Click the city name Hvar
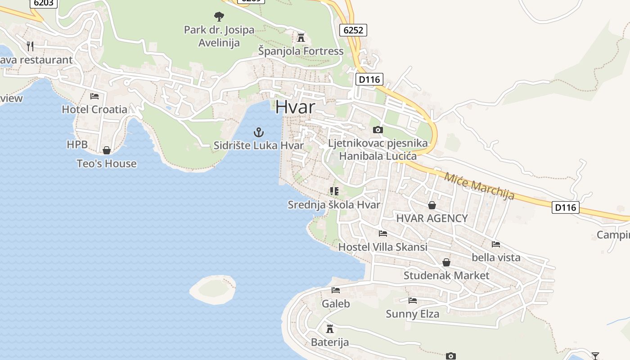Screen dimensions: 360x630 pyautogui.click(x=295, y=107)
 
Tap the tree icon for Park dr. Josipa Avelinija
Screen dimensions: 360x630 pyautogui.click(x=219, y=17)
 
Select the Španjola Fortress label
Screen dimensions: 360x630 pyautogui.click(x=301, y=51)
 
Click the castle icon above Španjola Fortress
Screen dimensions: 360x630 pyautogui.click(x=301, y=37)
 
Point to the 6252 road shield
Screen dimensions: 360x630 pyautogui.click(x=354, y=30)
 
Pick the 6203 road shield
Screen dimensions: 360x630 pyautogui.click(x=44, y=3)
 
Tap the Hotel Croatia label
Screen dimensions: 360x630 pyautogui.click(x=94, y=109)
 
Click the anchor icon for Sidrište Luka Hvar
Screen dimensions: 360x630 pyautogui.click(x=259, y=132)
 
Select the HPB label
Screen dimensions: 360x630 pyautogui.click(x=77, y=144)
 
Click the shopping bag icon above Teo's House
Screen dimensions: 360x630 pyautogui.click(x=107, y=150)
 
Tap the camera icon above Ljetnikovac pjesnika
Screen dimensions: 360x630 pyautogui.click(x=378, y=130)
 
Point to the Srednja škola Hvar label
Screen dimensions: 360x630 pyautogui.click(x=334, y=205)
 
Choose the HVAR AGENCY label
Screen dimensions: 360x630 pyautogui.click(x=432, y=218)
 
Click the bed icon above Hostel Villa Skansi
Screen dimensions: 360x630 pyautogui.click(x=383, y=234)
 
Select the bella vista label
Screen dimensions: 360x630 pyautogui.click(x=496, y=257)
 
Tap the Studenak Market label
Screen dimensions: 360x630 pyautogui.click(x=446, y=275)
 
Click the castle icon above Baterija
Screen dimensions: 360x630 pyautogui.click(x=330, y=328)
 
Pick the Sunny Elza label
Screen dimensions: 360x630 pyautogui.click(x=412, y=314)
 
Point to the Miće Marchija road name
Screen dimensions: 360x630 pyautogui.click(x=479, y=185)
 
